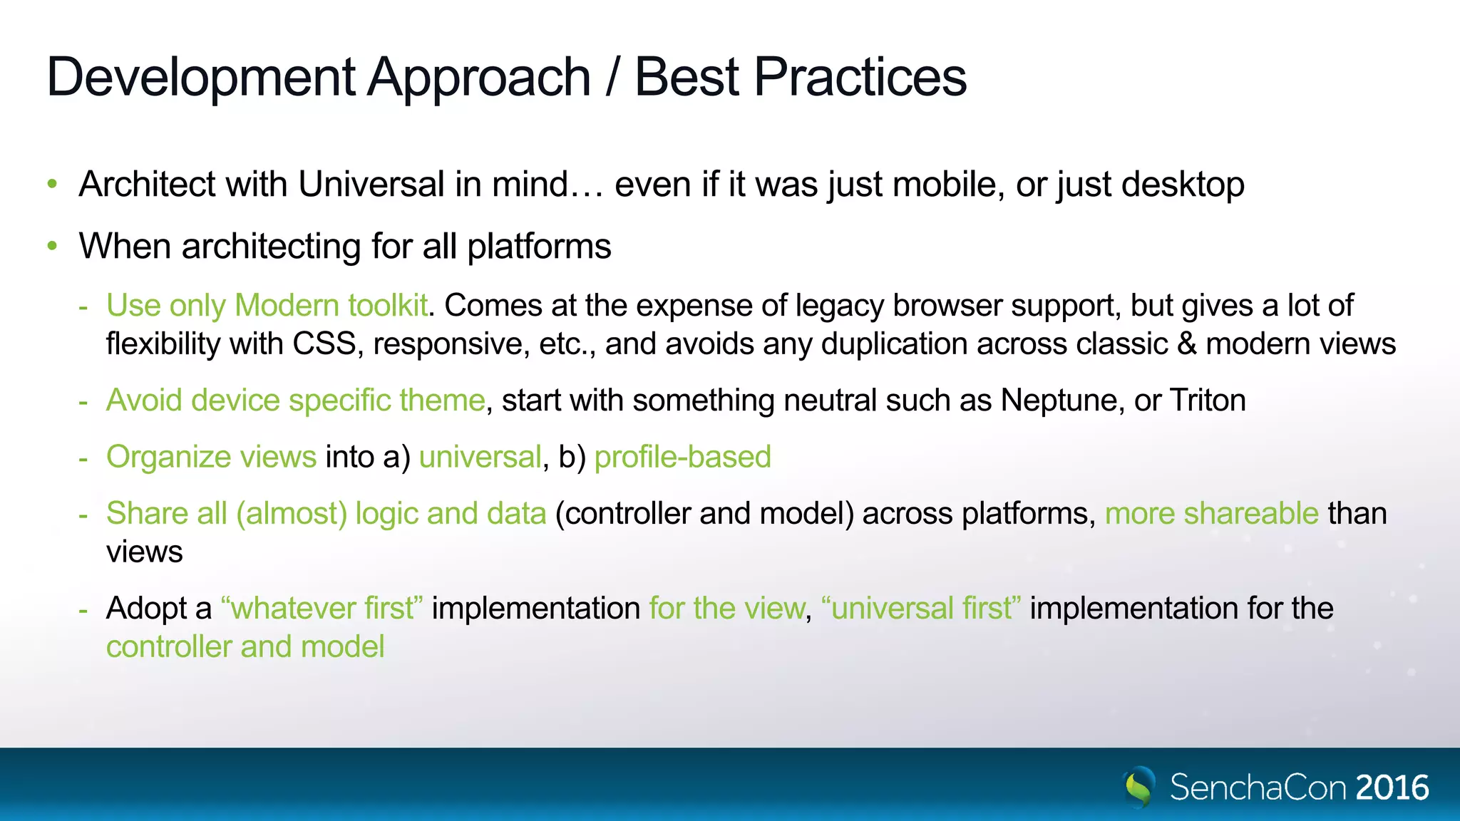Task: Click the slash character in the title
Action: pyautogui.click(x=612, y=77)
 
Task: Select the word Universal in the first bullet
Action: pyautogui.click(x=371, y=185)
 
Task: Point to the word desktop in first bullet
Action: pyautogui.click(x=1183, y=185)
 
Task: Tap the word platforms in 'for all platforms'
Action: pyautogui.click(x=539, y=247)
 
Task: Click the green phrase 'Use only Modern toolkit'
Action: pyautogui.click(x=267, y=306)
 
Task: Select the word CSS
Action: pyautogui.click(x=324, y=344)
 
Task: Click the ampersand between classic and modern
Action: pyautogui.click(x=1186, y=344)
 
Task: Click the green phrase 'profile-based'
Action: pyautogui.click(x=682, y=457)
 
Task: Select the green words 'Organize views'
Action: pyautogui.click(x=211, y=457)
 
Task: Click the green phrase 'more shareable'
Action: pyautogui.click(x=1211, y=514)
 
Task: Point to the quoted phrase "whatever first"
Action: pyautogui.click(x=322, y=609)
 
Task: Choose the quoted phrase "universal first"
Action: pyautogui.click(x=921, y=609)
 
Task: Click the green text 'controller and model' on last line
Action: pyautogui.click(x=245, y=647)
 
